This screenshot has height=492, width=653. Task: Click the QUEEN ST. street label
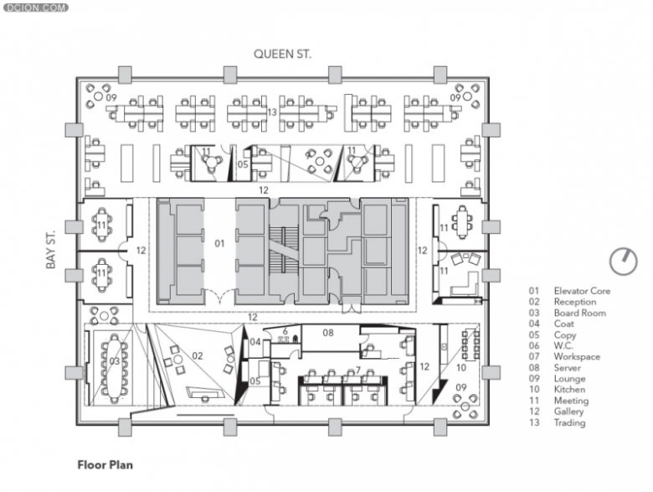(x=282, y=54)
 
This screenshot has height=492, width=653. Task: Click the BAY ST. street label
(x=51, y=250)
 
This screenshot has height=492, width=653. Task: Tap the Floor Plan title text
(x=105, y=465)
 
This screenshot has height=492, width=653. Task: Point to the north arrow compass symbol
(x=624, y=262)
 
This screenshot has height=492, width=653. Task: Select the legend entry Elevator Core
(x=582, y=291)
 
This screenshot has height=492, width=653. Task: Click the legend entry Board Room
(x=579, y=313)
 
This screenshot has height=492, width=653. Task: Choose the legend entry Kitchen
(x=569, y=390)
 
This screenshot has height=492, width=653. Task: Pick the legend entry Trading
(x=569, y=422)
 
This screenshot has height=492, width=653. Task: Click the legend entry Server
(x=568, y=368)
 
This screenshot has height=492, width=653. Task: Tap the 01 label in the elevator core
(x=219, y=244)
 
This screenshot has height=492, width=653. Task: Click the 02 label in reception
(x=198, y=356)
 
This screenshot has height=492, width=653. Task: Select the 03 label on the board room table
(x=115, y=361)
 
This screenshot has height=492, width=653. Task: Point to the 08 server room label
(x=328, y=333)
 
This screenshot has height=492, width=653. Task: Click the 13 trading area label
(x=272, y=112)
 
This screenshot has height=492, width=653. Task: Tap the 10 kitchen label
(x=461, y=368)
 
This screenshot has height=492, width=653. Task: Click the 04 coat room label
(x=255, y=342)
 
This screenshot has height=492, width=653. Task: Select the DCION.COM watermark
(x=35, y=8)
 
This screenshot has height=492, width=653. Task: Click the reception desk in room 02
(x=204, y=393)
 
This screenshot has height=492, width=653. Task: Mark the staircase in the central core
(x=284, y=253)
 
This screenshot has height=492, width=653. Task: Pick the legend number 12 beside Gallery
(x=534, y=412)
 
